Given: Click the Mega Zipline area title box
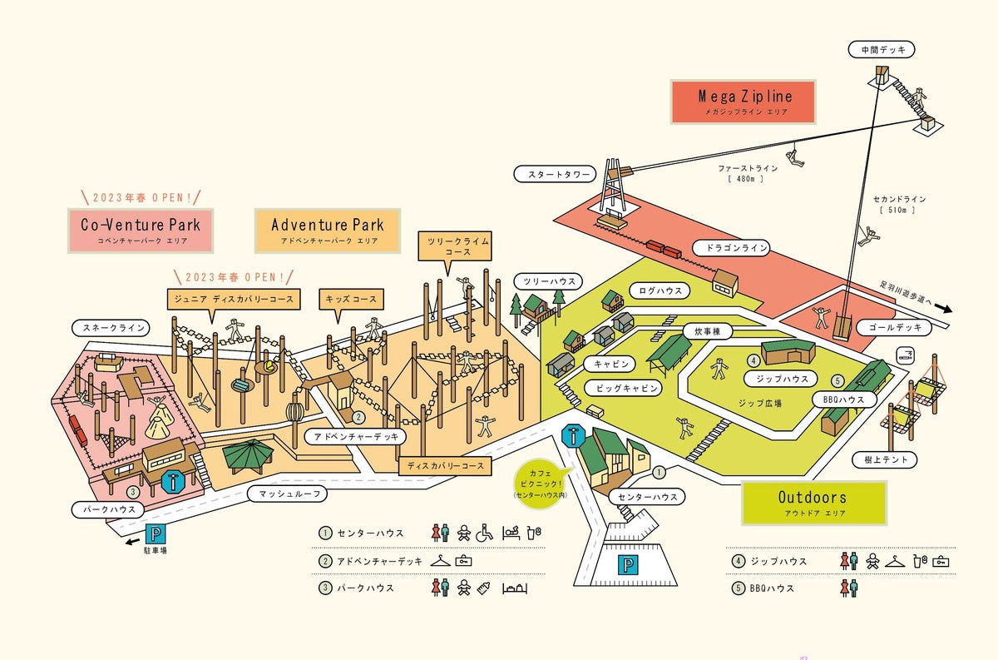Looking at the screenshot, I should (744, 102).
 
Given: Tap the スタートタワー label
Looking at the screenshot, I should (554, 174).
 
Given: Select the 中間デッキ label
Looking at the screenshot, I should (882, 50).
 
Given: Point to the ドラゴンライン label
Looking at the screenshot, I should (730, 248).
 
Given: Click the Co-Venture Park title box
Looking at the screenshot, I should (141, 230).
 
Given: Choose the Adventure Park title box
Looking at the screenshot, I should (327, 230).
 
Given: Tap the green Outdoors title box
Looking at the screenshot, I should (813, 502).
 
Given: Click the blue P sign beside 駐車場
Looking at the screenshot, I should (156, 533).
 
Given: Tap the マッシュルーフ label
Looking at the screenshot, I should (287, 494).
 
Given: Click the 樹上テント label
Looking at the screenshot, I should (885, 459).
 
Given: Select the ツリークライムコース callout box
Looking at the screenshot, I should (454, 246).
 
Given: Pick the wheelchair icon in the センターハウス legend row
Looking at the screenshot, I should (485, 532).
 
